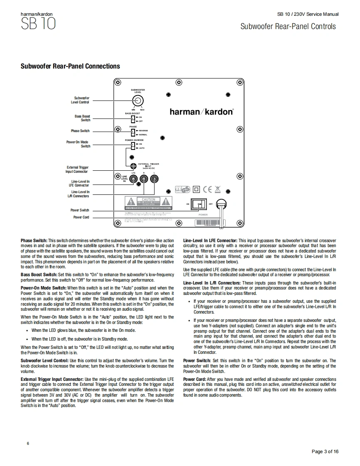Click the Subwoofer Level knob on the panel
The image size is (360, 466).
pyautogui.click(x=138, y=101)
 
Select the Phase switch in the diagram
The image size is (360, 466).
pyautogui.click(x=133, y=132)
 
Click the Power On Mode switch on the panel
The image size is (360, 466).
pyautogui.click(x=133, y=146)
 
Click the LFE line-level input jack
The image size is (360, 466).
pyautogui.click(x=133, y=179)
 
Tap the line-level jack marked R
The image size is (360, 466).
pyautogui.click(x=144, y=179)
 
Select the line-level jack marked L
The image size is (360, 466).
pyautogui.click(x=154, y=179)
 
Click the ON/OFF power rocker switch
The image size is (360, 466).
pyautogui.click(x=202, y=204)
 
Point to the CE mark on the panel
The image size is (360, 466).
pyautogui.click(x=207, y=190)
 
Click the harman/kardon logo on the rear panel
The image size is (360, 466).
pyautogui.click(x=202, y=112)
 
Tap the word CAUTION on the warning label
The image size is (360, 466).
pyautogui.click(x=148, y=200)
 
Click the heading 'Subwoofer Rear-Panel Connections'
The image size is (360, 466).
pyautogui.click(x=70, y=66)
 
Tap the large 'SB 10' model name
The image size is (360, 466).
pyautogui.click(x=38, y=25)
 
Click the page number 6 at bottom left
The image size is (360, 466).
pyautogui.click(x=28, y=444)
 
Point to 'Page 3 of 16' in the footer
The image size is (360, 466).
pyautogui.click(x=325, y=451)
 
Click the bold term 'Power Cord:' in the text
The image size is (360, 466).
pyautogui.click(x=195, y=379)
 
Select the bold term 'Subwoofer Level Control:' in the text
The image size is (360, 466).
pyautogui.click(x=44, y=361)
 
